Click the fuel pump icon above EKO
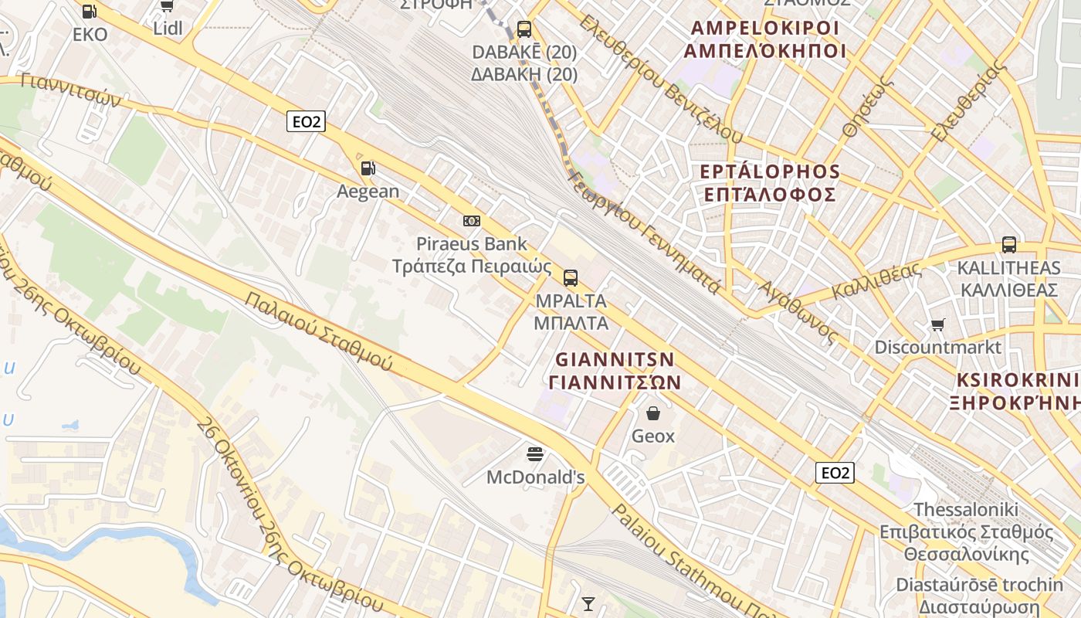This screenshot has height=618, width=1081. coord(90,12)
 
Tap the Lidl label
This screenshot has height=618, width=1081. coord(168,29)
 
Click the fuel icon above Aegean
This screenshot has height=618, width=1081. coord(368,168)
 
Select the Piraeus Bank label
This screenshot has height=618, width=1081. coord(472,244)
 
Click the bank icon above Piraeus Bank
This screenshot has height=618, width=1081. coord(472,221)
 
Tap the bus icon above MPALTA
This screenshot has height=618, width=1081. coord(571,278)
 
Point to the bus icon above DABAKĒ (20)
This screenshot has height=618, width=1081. coord(524,29)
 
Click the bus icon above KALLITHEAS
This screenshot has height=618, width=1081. coord(1008,245)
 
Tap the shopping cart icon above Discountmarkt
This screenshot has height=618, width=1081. coord(937,324)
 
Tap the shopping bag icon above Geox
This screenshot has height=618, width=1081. coord(653,413)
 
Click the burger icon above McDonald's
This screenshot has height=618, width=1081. coord(535,453)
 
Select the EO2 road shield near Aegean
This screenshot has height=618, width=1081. coord(306,121)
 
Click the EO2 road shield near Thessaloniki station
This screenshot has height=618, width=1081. coord(835,473)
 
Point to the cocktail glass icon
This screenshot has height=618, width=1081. coord(588,603)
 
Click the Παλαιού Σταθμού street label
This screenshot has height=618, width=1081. coord(318,331)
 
